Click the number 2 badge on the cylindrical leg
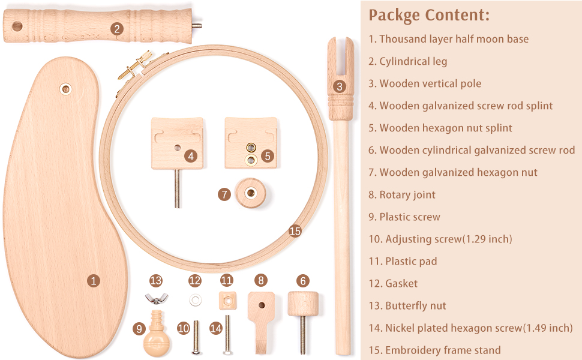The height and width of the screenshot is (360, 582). (117, 29)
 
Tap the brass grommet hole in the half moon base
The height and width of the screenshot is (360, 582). (65, 89)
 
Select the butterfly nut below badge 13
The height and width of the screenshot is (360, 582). (156, 298)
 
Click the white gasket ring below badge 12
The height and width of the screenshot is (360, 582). (195, 299)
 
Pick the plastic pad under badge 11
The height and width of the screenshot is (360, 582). (227, 300)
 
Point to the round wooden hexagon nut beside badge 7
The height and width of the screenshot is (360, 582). (251, 193)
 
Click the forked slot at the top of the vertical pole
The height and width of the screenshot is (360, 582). (340, 55)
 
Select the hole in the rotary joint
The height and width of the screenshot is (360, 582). (262, 305)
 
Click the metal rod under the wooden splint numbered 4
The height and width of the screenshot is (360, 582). (178, 188)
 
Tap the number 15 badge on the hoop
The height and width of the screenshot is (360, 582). (295, 231)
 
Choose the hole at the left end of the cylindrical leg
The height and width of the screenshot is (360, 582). (17, 27)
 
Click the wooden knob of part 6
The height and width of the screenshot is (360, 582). (303, 304)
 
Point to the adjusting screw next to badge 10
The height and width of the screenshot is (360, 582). (196, 337)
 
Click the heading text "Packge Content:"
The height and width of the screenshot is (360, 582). (429, 16)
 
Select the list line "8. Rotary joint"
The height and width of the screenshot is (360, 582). (402, 194)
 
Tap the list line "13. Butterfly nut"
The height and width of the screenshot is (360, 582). (407, 305)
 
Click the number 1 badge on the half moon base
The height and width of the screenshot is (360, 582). (94, 281)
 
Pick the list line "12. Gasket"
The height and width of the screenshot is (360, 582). (393, 284)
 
